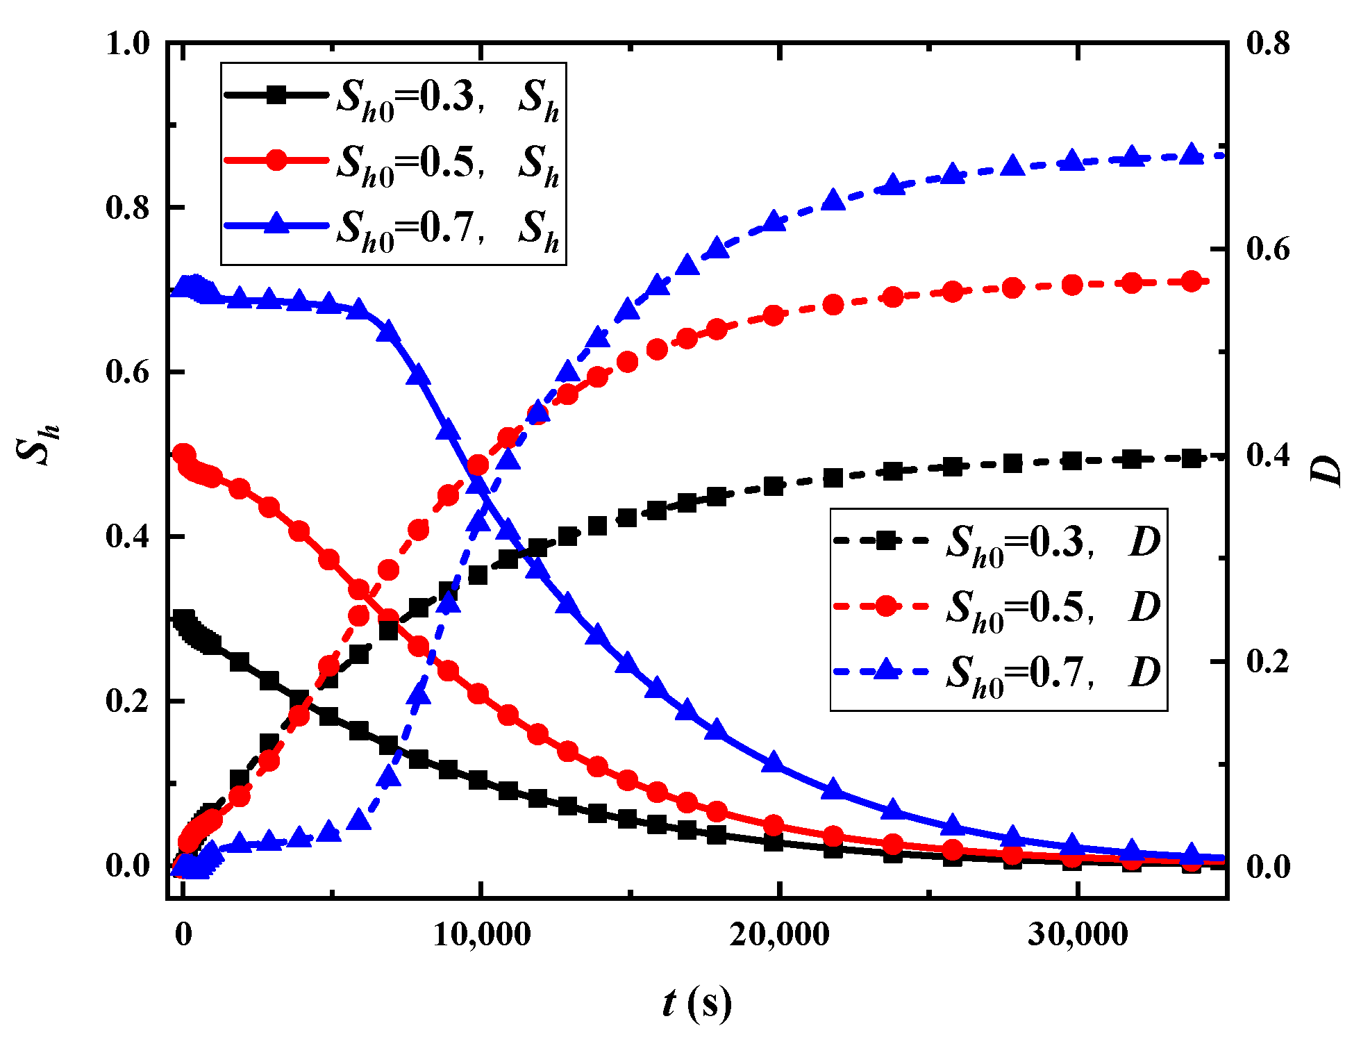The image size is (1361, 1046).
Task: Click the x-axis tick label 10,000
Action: (481, 935)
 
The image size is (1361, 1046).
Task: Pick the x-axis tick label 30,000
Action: (1077, 935)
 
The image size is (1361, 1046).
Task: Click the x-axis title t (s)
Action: (696, 1002)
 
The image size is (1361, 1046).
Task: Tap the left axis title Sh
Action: (38, 445)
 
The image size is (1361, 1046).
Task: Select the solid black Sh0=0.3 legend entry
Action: (392, 97)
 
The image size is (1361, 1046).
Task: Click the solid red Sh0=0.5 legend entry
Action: (392, 162)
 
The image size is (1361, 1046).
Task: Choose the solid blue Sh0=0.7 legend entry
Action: (392, 227)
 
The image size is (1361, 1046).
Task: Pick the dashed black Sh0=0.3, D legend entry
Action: (998, 542)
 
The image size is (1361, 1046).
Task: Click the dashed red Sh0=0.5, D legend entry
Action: (998, 607)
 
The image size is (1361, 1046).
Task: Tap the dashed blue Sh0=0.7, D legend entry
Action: (998, 672)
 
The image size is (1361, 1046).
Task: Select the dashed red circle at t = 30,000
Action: (1072, 285)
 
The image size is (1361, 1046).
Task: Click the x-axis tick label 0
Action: (183, 935)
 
